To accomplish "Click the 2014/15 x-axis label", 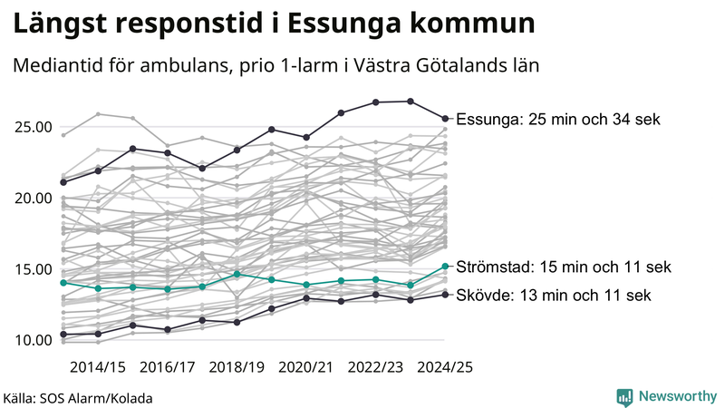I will tap(98, 367).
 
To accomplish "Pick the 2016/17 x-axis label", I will tap(168, 367).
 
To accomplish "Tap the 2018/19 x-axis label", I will tap(237, 367).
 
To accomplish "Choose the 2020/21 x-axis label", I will tap(306, 367).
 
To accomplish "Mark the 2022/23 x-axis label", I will tap(376, 367).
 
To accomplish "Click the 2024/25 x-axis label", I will tap(445, 367).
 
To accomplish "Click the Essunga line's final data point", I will tap(445, 118).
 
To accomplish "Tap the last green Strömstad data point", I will tap(445, 267).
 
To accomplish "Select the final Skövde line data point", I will tap(445, 294).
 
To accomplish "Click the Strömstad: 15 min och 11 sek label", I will tap(564, 267).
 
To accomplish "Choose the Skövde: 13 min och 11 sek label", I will tap(553, 296).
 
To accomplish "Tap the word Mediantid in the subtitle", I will tap(56, 67).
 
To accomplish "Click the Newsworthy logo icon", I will tap(624, 396).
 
